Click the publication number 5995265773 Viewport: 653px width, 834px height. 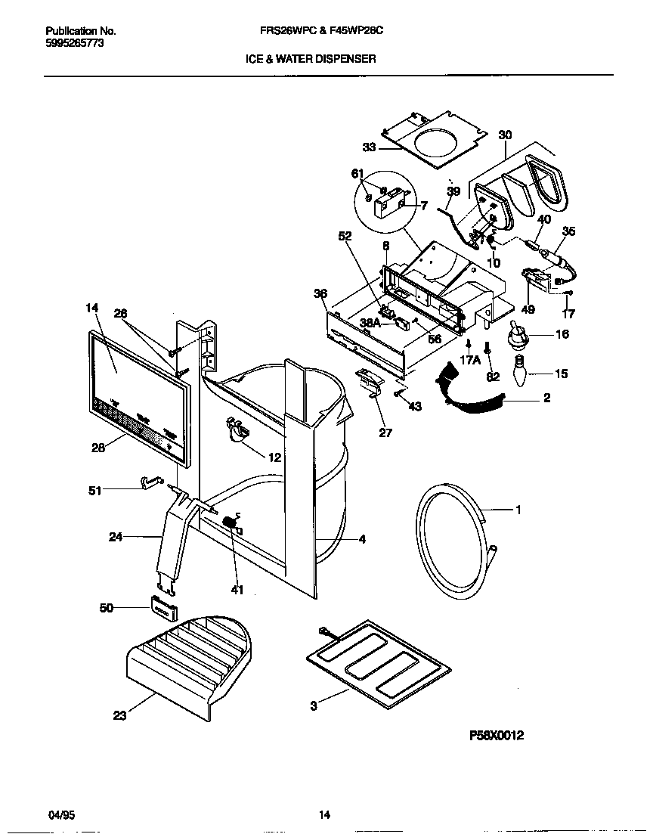(x=75, y=44)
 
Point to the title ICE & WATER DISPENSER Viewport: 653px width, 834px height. (x=311, y=58)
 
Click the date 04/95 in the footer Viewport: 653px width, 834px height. (x=61, y=814)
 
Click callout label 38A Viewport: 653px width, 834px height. (x=370, y=323)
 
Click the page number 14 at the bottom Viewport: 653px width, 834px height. (x=324, y=814)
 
